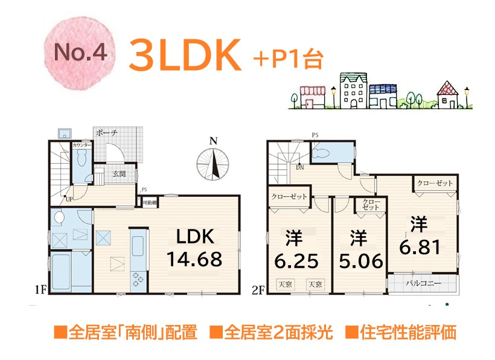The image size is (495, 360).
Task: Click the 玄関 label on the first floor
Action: point(118,174)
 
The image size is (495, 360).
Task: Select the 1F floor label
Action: point(40,291)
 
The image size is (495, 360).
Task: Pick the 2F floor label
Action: point(258,291)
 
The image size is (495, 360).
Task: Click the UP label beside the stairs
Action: point(70,199)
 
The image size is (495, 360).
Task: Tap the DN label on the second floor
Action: point(299,167)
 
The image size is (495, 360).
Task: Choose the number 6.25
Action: point(296,262)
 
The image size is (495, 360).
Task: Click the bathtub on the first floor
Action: point(69,272)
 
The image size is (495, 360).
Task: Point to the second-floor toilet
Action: point(330,153)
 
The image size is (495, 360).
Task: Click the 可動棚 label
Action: point(150,203)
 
